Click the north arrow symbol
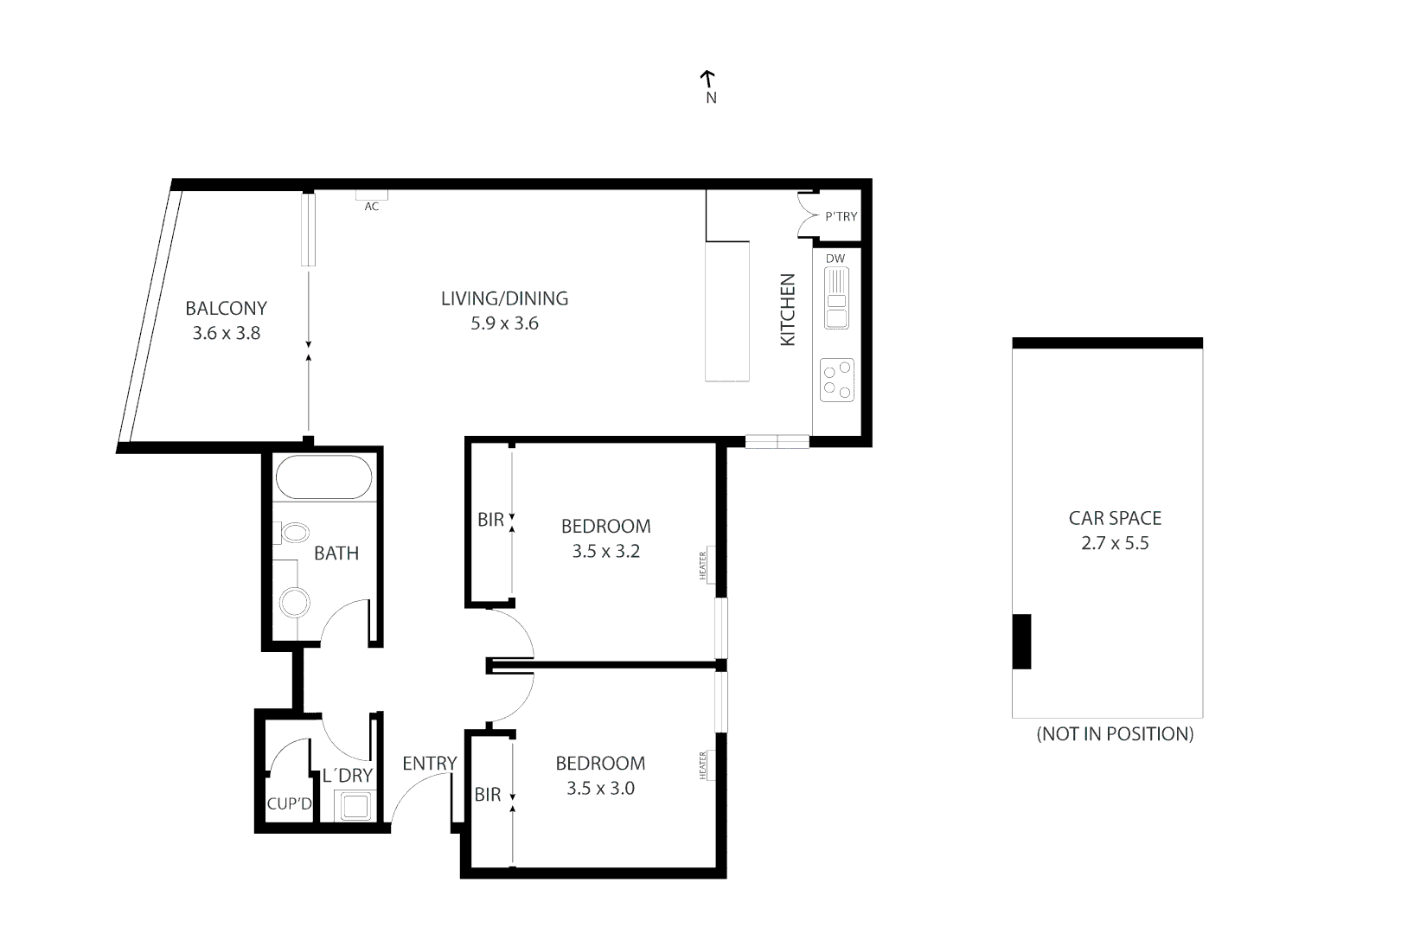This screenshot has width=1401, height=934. (x=707, y=80)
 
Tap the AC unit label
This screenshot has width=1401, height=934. (x=371, y=206)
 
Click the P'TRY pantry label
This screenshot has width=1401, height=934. (x=841, y=216)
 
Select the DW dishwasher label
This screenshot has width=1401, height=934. (x=835, y=259)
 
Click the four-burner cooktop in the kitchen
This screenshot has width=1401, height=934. (x=836, y=380)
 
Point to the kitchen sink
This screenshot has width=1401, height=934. (x=835, y=298)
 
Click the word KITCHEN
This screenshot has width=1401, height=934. (x=788, y=310)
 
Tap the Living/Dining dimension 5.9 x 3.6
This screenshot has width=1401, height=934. (x=504, y=323)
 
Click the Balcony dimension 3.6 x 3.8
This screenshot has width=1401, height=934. (x=227, y=333)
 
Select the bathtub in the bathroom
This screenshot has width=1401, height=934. (x=323, y=478)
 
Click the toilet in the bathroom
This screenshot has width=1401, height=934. (x=294, y=533)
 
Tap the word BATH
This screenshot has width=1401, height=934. (x=336, y=553)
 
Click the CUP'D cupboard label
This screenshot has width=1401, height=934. (x=289, y=804)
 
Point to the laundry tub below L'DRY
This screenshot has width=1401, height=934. (x=355, y=806)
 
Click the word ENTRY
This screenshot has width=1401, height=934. (x=429, y=764)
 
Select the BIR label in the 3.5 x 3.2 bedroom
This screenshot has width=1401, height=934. (x=490, y=521)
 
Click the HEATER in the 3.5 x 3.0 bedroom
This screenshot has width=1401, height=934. (x=702, y=764)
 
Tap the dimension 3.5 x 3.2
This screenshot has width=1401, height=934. (x=605, y=552)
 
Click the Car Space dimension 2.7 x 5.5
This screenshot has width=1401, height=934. (x=1115, y=544)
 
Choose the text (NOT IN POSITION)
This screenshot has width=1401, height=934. (x=1115, y=734)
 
